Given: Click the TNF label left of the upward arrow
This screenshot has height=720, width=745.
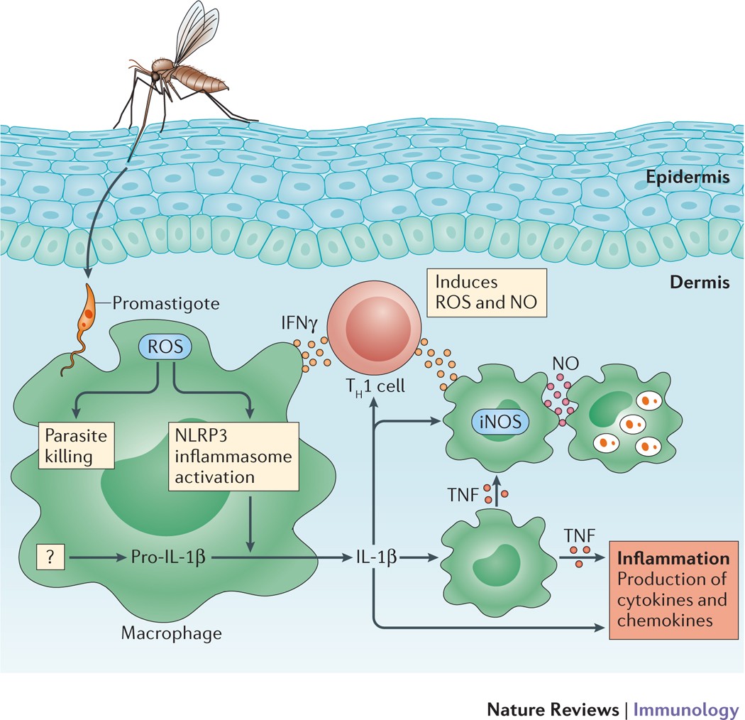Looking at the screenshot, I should [463, 492].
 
